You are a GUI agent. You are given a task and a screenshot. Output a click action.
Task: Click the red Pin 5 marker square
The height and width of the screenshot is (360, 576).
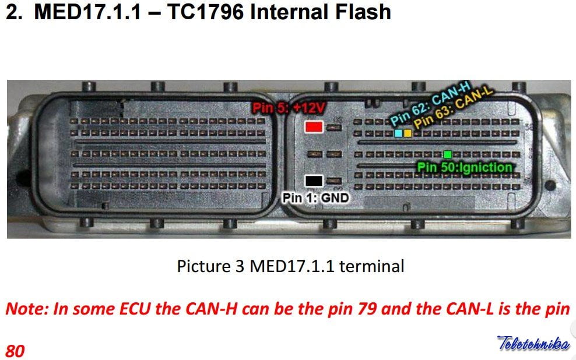[314, 127]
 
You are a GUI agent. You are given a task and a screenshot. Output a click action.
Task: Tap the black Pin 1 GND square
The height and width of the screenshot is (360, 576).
[314, 181]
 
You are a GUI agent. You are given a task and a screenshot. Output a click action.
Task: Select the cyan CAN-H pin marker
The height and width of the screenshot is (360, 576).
[398, 133]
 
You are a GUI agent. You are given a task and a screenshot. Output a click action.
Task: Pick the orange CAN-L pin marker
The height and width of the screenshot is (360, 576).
[408, 133]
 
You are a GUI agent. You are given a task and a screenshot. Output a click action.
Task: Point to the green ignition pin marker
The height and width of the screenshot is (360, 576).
[447, 154]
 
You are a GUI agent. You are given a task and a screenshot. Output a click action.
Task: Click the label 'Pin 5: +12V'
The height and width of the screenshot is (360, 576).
[289, 108]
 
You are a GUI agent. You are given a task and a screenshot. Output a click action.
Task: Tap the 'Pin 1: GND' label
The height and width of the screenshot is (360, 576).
[315, 198]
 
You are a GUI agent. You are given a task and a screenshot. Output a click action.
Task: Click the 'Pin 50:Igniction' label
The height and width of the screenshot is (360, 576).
[465, 167]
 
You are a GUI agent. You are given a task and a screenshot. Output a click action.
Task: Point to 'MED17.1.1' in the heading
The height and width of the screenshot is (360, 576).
[87, 12]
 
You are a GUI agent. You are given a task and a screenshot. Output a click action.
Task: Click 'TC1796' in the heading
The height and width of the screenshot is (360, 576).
[205, 12]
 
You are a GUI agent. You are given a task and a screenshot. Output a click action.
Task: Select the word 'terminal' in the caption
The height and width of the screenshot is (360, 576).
[372, 266]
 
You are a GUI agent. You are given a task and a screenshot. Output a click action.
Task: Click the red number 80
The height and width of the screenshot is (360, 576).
[15, 351]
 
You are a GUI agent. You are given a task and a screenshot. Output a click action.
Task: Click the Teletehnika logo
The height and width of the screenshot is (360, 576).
[533, 343]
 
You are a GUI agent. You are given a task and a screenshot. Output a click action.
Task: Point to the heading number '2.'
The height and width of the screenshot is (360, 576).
[14, 12]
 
